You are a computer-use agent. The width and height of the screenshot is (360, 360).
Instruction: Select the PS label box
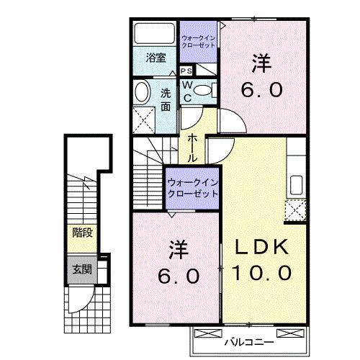point(186,71)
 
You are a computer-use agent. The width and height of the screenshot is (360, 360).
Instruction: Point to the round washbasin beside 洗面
point(141,91)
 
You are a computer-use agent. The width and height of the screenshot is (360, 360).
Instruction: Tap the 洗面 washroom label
point(165,99)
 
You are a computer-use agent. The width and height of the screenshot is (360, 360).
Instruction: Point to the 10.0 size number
point(261,274)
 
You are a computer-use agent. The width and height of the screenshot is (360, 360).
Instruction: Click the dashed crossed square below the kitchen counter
point(295,210)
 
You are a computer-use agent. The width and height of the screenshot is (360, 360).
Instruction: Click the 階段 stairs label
point(81,232)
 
